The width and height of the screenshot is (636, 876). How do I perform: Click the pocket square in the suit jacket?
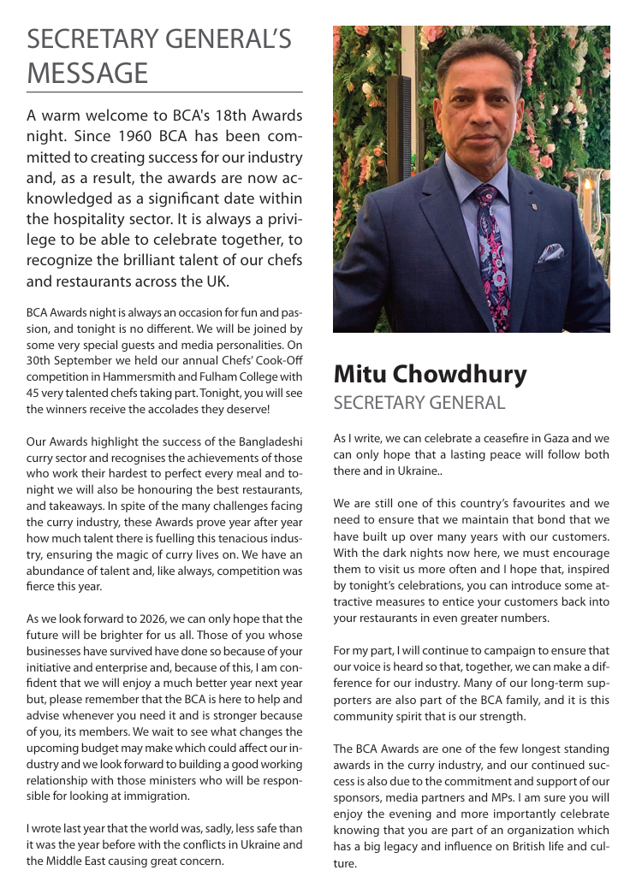(550, 252)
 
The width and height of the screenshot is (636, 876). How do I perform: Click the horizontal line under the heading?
(164, 92)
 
